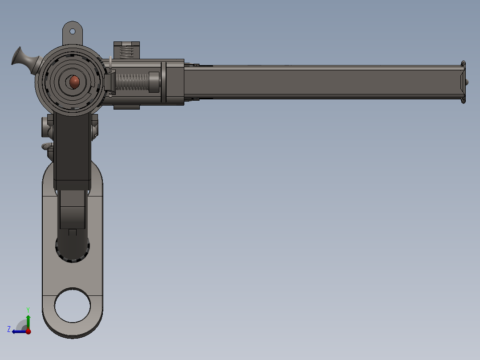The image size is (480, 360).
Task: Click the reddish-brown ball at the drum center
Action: tap(74, 81)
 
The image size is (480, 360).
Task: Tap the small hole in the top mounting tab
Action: tap(72, 31)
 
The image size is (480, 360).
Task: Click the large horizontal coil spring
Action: tap(131, 82)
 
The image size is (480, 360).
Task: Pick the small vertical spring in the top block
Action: tap(127, 52)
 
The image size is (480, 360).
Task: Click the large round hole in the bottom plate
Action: tap(72, 306)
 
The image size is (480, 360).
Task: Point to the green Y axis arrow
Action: tap(28, 321)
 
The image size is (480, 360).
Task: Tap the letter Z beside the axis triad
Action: tap(9, 329)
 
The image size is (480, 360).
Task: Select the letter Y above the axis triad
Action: tap(28, 309)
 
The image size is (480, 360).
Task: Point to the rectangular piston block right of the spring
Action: tap(154, 82)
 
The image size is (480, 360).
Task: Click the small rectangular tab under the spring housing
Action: tap(126, 107)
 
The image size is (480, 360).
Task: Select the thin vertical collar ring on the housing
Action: tap(163, 82)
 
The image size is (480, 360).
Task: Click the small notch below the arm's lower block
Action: tap(72, 232)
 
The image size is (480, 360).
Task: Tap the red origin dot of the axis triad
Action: tap(28, 331)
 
